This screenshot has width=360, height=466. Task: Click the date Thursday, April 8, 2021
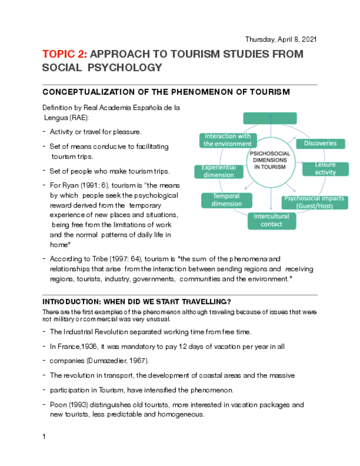[281, 40]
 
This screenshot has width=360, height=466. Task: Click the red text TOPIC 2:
[64, 54]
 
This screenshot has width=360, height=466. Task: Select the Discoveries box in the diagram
[320, 143]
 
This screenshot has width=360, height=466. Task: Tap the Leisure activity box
[325, 169]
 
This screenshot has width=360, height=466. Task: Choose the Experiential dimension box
[218, 171]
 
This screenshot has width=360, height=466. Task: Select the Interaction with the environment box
[227, 140]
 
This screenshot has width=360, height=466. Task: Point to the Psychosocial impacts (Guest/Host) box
[315, 202]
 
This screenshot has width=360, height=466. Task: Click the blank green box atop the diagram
[269, 118]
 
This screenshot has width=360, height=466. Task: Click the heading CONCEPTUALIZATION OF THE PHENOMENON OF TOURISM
[166, 92]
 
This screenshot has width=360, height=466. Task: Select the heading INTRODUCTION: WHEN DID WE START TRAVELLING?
[136, 302]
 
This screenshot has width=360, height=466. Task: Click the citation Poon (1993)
[70, 405]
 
